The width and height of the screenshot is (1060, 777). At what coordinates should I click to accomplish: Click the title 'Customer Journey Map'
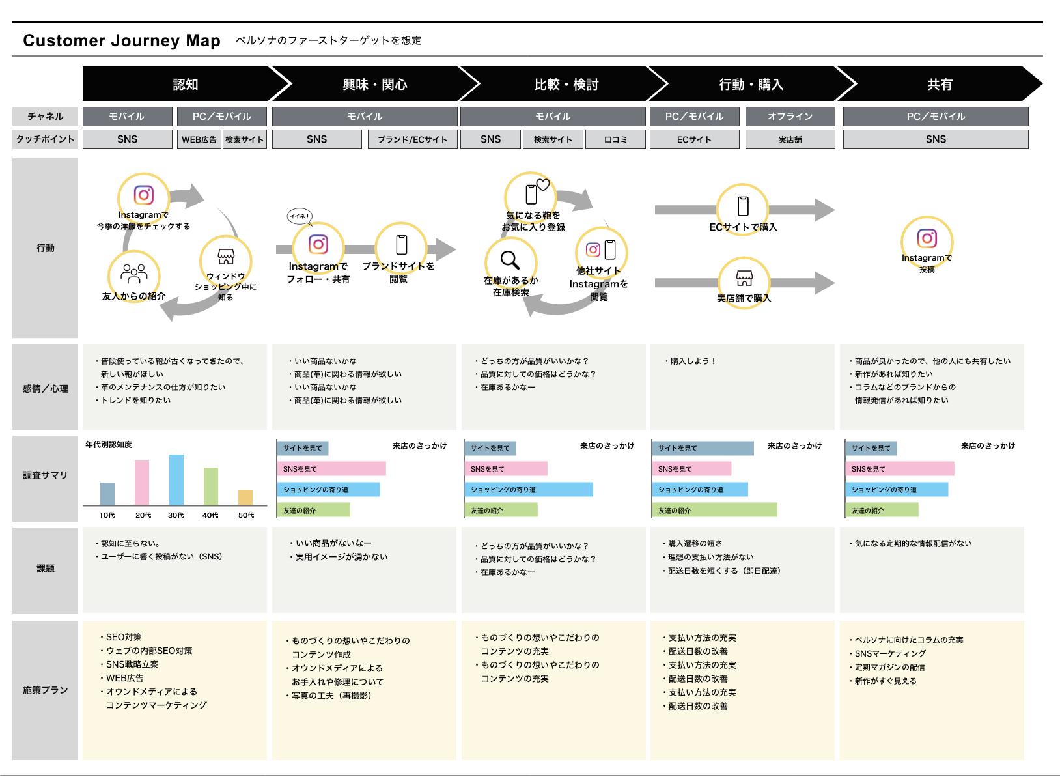pos(122,41)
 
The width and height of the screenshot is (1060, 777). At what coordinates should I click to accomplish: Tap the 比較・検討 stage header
pos(565,84)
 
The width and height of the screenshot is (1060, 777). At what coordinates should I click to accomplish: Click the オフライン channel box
pos(790,117)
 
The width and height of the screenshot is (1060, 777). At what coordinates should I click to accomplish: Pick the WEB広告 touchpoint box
pos(199,139)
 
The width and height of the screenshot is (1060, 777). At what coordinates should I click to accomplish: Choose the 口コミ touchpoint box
pos(615,139)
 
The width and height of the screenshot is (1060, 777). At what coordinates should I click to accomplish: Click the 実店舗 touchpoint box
pos(790,139)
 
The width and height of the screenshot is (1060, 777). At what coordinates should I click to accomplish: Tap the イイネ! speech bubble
pos(300,216)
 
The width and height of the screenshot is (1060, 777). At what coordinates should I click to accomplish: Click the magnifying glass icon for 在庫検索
pos(510,259)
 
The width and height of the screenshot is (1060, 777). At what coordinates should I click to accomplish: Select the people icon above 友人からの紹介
pos(134,273)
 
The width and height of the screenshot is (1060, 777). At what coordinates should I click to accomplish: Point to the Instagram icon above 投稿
pos(927,238)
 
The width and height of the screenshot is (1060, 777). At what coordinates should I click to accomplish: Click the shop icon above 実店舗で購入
pos(744,278)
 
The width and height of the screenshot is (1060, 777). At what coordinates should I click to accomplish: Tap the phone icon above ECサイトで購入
pos(743,206)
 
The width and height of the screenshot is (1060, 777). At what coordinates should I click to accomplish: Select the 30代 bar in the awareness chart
pos(176,480)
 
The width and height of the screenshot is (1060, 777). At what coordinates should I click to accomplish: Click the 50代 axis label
pos(246,515)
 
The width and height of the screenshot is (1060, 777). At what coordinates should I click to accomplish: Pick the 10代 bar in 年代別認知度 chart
pos(107,494)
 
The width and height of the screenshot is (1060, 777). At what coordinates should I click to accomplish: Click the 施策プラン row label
pos(45,690)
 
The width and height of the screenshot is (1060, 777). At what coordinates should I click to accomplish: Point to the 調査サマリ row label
pos(45,475)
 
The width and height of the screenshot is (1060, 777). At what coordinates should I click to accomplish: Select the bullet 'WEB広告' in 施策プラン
pos(124,678)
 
